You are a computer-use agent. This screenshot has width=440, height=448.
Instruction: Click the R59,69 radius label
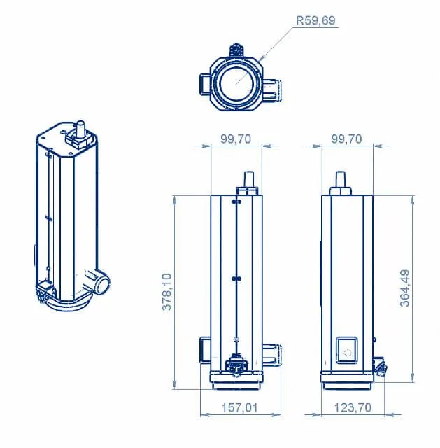pyautogui.click(x=315, y=21)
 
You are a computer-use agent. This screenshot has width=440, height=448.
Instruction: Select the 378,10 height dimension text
pyautogui.click(x=169, y=292)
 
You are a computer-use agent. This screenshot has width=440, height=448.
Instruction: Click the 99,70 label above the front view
pyautogui.click(x=236, y=139)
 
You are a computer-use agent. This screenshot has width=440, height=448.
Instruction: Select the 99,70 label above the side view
pyautogui.click(x=346, y=139)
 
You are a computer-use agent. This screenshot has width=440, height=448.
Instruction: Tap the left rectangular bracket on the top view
pyautogui.click(x=205, y=83)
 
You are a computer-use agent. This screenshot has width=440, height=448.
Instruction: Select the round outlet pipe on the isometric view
pyautogui.click(x=99, y=282)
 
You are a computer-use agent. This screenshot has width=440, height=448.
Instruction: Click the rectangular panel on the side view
pyautogui.click(x=347, y=351)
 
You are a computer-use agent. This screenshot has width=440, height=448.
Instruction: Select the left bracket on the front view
pyautogui.click(x=205, y=351)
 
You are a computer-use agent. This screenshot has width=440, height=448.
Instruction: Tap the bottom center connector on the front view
pyautogui.click(x=236, y=365)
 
